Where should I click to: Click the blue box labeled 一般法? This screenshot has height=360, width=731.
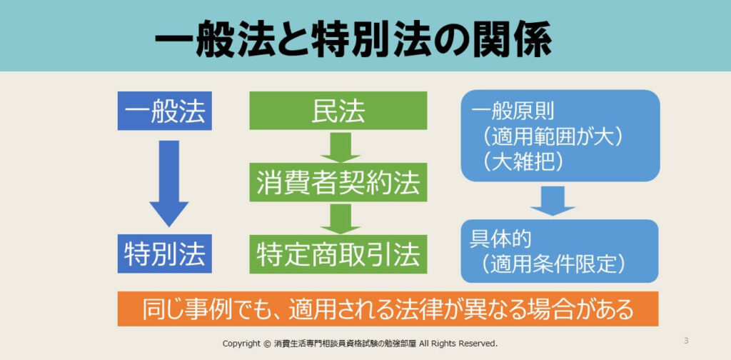165,111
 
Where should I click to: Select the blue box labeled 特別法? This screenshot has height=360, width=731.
165,254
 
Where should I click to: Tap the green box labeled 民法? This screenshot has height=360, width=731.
338,111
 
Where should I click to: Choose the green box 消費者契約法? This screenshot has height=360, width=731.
338,182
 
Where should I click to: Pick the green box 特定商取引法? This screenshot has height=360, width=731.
338,254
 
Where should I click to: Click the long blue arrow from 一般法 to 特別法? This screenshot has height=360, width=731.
168,183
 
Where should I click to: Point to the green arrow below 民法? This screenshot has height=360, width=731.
341,146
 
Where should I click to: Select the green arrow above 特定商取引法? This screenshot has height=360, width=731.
341,219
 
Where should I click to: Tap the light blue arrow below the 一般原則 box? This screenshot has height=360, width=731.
553,201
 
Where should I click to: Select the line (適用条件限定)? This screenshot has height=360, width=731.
553,264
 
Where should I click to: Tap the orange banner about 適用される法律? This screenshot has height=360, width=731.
388,309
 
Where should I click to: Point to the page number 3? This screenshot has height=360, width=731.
686,341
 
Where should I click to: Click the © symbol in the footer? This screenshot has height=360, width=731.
267,344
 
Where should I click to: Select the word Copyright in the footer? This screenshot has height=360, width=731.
241,344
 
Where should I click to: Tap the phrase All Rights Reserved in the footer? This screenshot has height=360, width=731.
459,344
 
